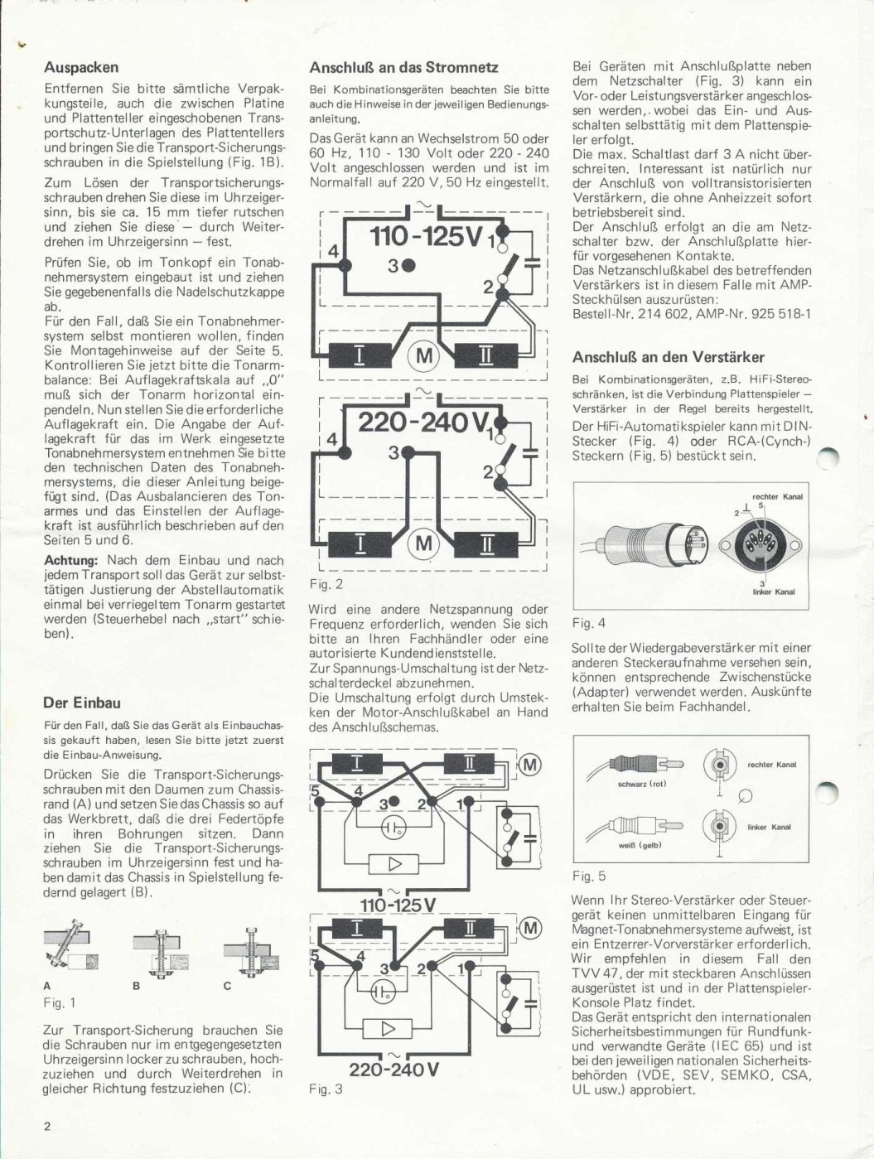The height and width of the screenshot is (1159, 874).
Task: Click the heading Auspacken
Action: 81,67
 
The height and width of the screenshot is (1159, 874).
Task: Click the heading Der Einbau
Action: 82,703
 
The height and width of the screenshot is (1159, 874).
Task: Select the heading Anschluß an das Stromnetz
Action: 403,67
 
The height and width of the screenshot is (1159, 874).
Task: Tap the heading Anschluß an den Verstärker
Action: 668,357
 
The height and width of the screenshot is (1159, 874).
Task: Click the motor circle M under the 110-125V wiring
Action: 423,356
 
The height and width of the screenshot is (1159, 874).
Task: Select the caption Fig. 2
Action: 326,584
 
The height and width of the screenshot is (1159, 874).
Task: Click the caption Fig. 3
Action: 326,1089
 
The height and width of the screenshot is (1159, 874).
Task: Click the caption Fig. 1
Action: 60,1002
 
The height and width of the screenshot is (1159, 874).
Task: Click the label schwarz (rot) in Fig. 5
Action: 642,784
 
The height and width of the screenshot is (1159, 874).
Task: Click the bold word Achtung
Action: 70,561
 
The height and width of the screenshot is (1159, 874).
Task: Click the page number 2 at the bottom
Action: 47,1126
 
